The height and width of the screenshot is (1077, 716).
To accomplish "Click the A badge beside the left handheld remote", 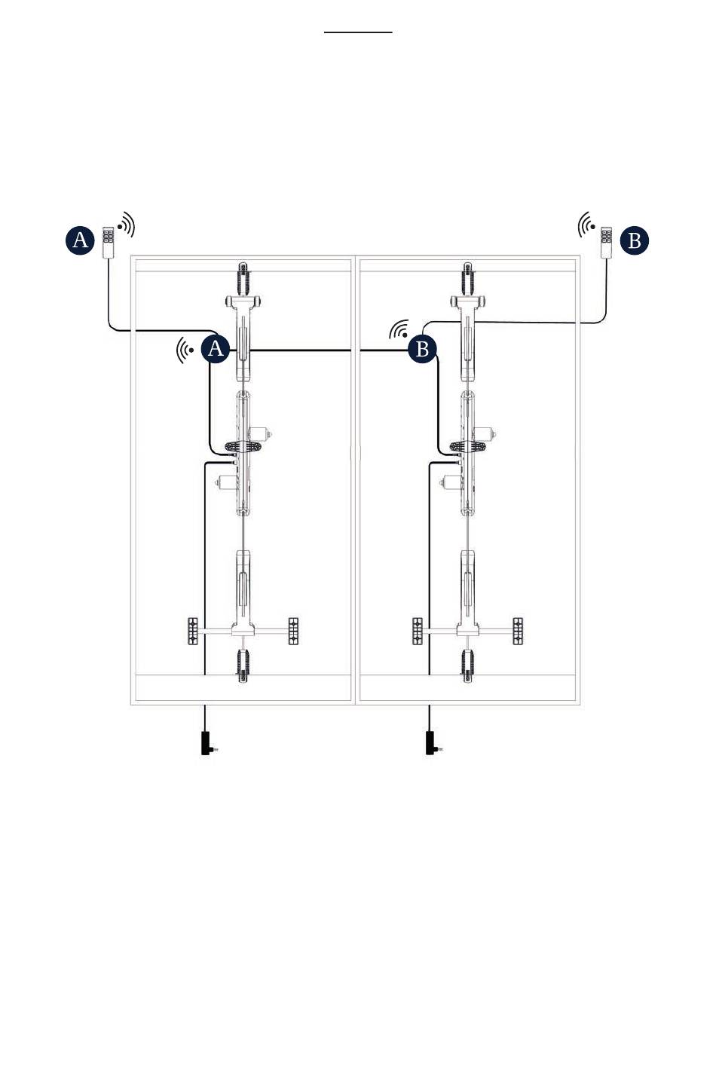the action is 80,240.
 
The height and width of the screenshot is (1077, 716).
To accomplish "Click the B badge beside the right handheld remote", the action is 635,240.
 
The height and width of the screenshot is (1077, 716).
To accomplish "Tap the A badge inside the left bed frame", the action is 215,349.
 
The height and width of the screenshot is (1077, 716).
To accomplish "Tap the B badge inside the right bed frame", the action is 422,349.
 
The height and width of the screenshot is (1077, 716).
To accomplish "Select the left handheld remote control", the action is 109,241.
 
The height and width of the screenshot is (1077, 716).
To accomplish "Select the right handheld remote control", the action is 607,241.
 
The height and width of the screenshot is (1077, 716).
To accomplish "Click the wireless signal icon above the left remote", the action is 127,224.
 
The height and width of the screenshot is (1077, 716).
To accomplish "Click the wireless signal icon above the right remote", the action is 586,224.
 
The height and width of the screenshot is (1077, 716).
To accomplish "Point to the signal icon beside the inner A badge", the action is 185,350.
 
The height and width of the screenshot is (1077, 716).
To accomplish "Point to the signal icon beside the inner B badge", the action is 399,329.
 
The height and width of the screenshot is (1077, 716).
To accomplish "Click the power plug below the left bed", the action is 208,743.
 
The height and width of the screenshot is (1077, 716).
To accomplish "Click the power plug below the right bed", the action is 433,743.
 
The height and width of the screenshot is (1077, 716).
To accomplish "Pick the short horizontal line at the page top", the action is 358,32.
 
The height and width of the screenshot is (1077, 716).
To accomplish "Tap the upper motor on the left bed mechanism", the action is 261,433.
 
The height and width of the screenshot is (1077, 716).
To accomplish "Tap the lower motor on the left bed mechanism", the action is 231,482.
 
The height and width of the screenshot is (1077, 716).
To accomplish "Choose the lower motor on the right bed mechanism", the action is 455,482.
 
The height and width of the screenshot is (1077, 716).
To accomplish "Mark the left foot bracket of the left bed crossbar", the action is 192,631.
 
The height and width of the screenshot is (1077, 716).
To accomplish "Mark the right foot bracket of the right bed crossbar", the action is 518,631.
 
